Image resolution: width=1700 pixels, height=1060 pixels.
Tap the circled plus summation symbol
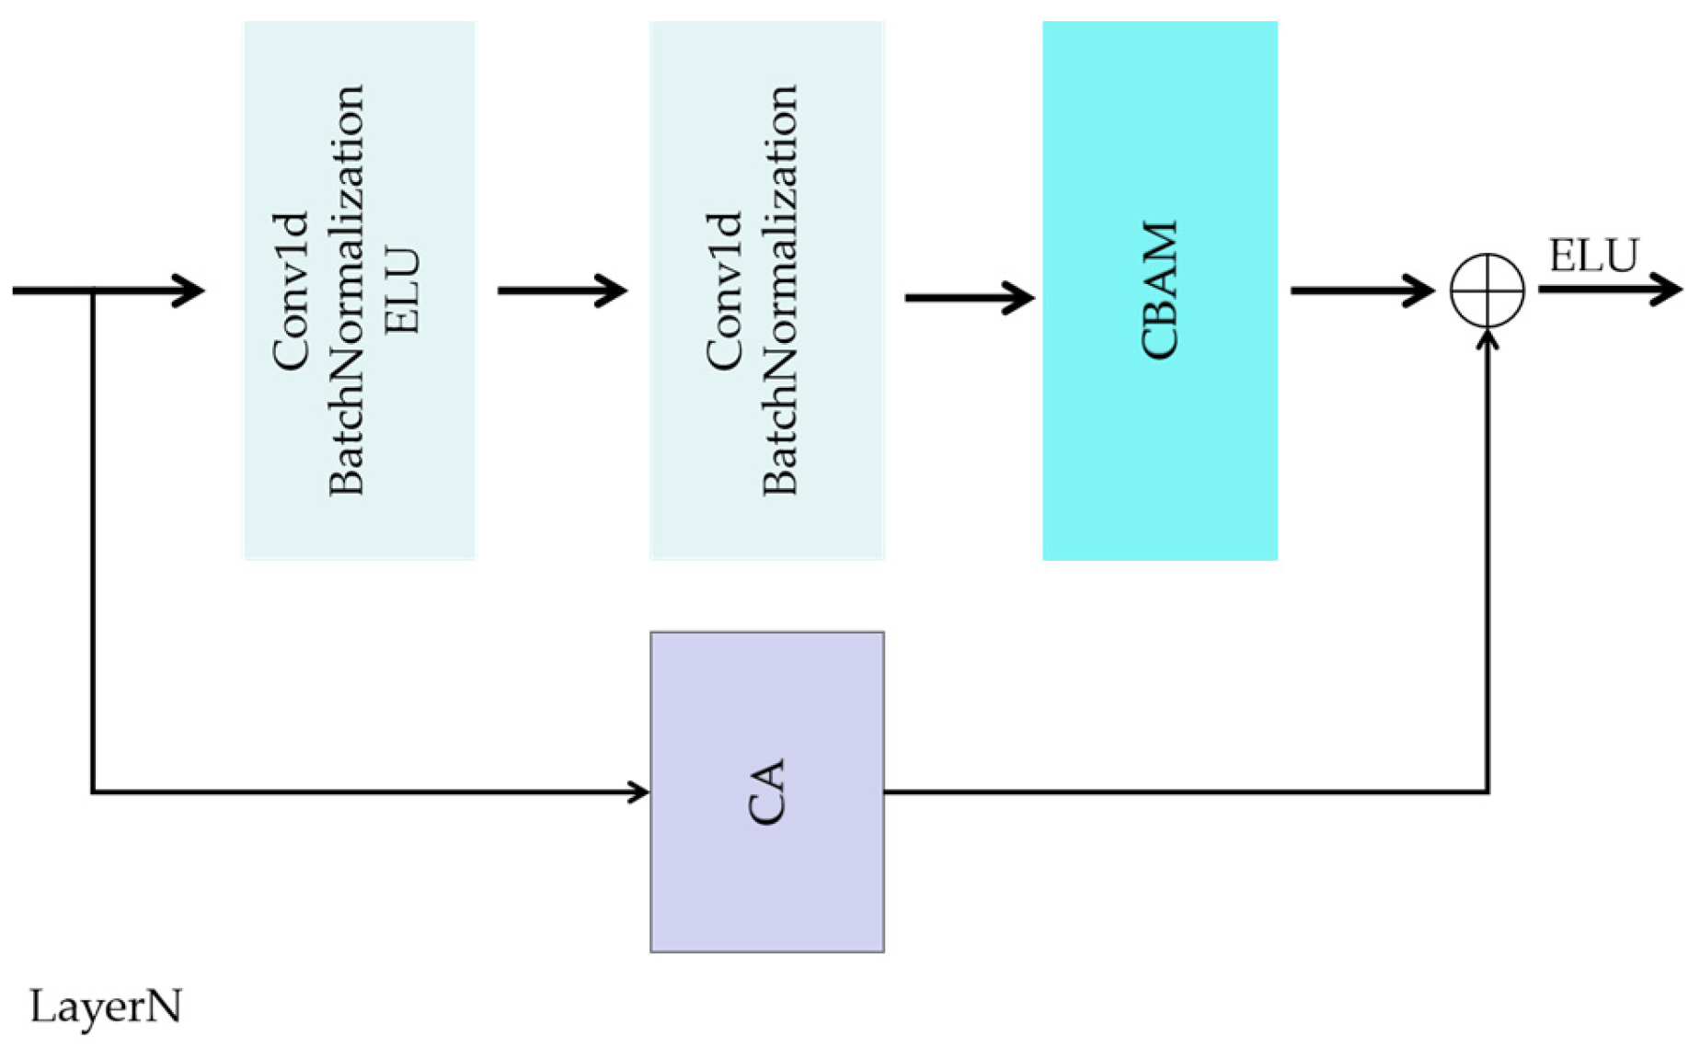[x=1487, y=291]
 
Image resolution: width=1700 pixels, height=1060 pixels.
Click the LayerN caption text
[x=106, y=1007]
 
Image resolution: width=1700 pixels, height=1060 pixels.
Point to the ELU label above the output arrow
[x=1593, y=256]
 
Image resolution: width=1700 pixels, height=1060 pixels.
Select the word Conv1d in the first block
[x=291, y=291]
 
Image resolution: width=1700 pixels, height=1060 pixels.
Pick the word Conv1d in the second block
[x=724, y=291]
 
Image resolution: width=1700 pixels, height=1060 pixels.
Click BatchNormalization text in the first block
[x=347, y=291]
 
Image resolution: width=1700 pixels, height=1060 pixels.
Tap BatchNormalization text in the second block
[x=780, y=291]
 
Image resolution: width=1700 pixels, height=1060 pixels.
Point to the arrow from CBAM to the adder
[x=1361, y=291]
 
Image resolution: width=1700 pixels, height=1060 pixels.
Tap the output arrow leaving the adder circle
[x=1610, y=290]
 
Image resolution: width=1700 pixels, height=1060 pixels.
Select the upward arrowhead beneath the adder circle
[x=1487, y=340]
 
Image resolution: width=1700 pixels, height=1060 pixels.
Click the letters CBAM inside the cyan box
[x=1159, y=291]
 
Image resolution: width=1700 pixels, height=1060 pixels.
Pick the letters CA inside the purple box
[x=766, y=792]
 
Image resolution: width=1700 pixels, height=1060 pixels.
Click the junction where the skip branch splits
[x=93, y=291]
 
